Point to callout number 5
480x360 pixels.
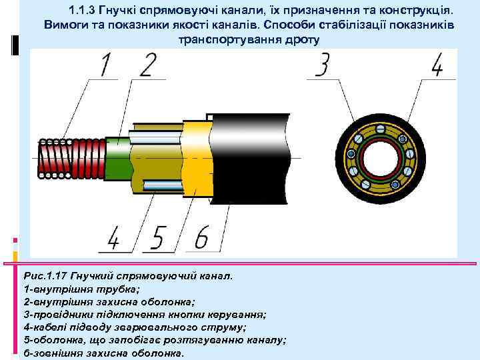pyautogui.click(x=159, y=238)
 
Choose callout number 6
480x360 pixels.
pyautogui.click(x=202, y=238)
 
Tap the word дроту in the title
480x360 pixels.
pyautogui.click(x=303, y=39)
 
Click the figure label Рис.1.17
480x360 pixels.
pyautogui.click(x=45, y=275)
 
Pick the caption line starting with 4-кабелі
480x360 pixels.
pyautogui.click(x=134, y=327)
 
